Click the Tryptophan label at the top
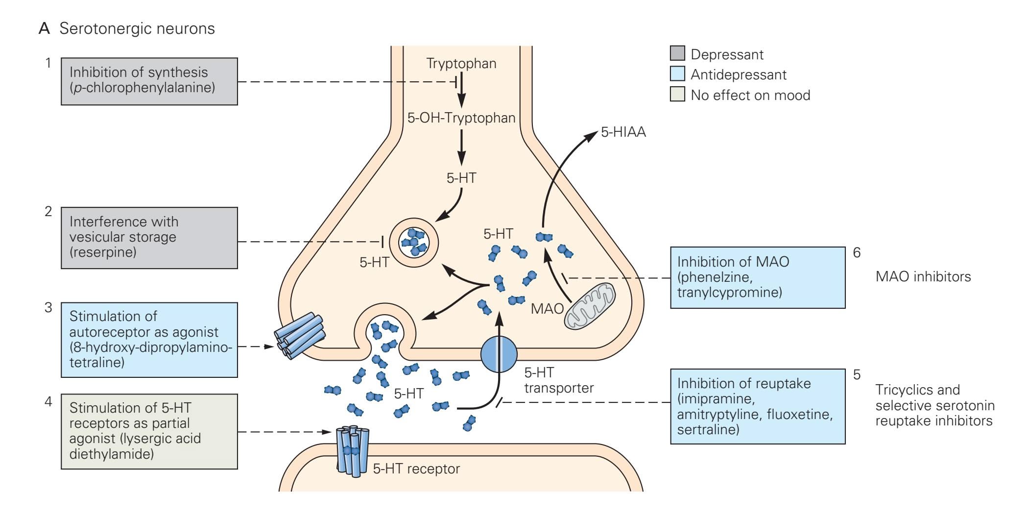(461, 63)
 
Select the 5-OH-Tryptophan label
(461, 118)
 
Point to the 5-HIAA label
(623, 132)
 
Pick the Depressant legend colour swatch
(677, 53)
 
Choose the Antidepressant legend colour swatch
(677, 74)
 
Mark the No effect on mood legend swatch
(677, 95)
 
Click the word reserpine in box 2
(103, 252)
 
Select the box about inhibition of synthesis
(149, 81)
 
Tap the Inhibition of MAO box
(757, 277)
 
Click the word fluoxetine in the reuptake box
(799, 415)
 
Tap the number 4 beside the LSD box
(48, 402)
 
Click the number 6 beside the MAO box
(857, 253)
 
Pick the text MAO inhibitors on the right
(923, 277)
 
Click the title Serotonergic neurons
(137, 28)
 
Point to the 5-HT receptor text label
(416, 469)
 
